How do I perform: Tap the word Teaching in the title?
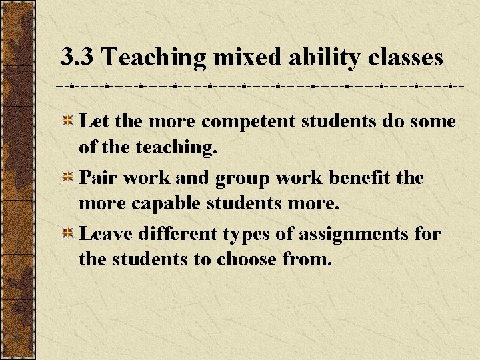point(154,57)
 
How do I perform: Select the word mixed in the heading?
point(249,57)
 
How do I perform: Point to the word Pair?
point(97,178)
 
